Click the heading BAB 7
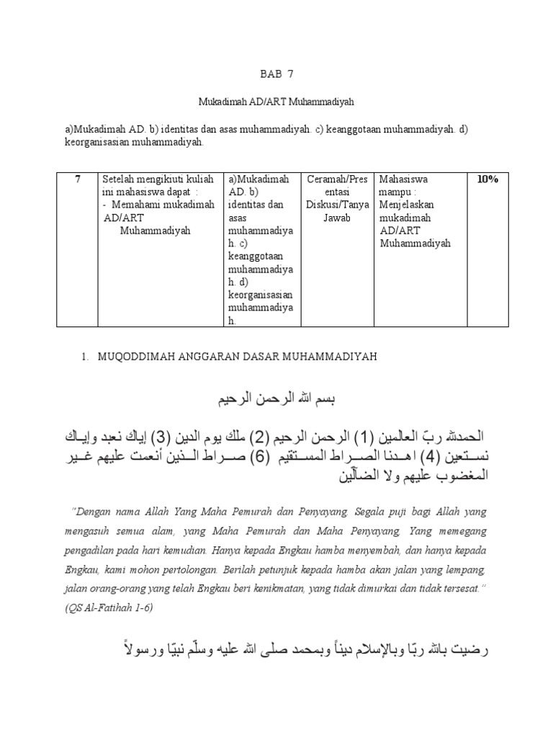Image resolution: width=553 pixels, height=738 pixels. (x=276, y=74)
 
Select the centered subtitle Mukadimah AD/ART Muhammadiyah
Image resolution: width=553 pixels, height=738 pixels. (x=276, y=102)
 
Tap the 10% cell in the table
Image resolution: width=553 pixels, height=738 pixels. (x=487, y=179)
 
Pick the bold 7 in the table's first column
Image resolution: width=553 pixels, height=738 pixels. (x=77, y=179)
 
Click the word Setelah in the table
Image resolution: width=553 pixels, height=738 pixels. (x=120, y=179)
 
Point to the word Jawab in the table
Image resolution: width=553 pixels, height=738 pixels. (x=337, y=218)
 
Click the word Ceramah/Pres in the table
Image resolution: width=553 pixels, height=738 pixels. (x=337, y=179)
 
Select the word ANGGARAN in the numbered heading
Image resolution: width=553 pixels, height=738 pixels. (x=202, y=357)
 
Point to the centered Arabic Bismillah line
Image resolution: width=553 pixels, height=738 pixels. (x=276, y=399)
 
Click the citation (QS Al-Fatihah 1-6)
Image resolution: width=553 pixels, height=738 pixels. (x=109, y=608)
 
